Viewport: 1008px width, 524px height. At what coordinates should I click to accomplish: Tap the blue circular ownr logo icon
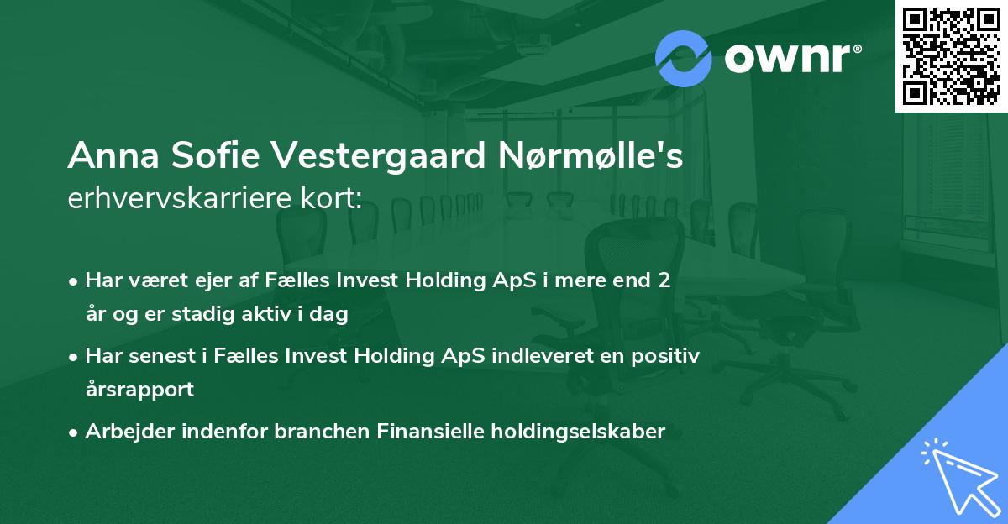click(x=684, y=57)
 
